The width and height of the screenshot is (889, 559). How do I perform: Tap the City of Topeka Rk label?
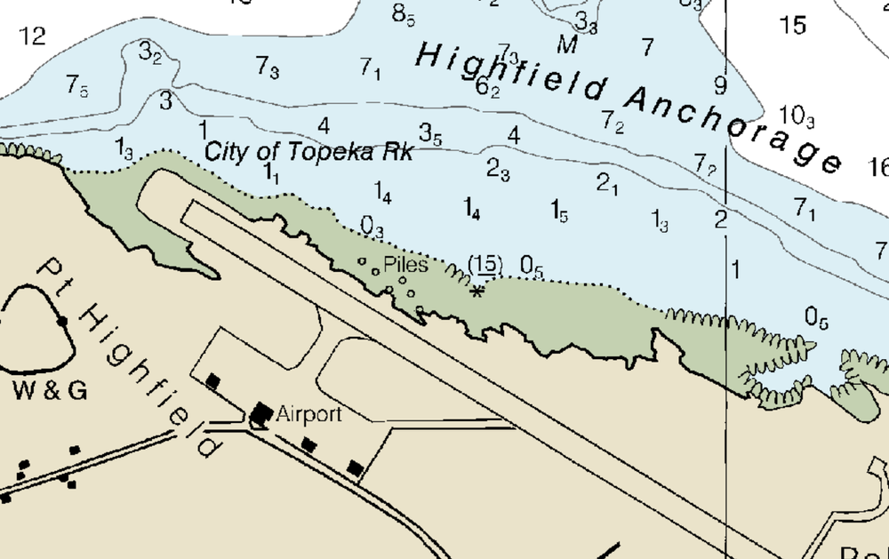click(308, 151)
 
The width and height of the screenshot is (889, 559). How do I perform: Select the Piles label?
click(405, 264)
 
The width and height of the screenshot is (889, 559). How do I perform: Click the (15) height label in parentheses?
click(485, 264)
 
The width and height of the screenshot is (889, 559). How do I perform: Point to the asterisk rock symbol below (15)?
click(477, 291)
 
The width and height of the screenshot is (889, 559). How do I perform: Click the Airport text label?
click(308, 414)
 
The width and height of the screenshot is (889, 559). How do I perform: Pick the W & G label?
click(50, 390)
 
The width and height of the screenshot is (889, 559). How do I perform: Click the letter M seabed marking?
click(567, 44)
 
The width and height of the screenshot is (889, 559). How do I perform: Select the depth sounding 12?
click(32, 36)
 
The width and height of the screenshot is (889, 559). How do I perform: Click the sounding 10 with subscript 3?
click(796, 116)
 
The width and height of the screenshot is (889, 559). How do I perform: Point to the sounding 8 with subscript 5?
click(403, 14)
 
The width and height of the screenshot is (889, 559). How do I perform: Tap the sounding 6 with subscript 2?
click(487, 87)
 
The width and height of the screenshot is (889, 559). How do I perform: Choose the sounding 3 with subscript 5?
click(430, 135)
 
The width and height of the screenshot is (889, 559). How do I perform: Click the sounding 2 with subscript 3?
click(498, 168)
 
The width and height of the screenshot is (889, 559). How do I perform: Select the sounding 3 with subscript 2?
click(149, 53)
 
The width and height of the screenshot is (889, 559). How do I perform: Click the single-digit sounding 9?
click(720, 86)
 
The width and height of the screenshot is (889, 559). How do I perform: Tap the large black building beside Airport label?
click(261, 412)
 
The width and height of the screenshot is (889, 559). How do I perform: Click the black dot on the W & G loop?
click(62, 320)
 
